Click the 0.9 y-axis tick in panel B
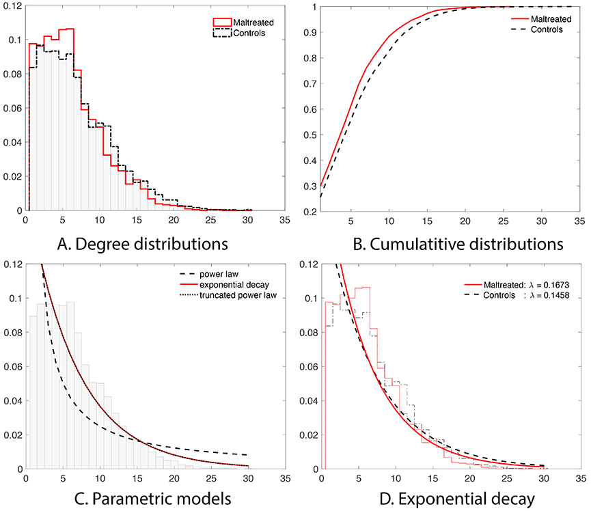[310, 31]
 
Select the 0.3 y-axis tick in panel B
[310, 186]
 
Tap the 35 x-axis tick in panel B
[579, 221]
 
